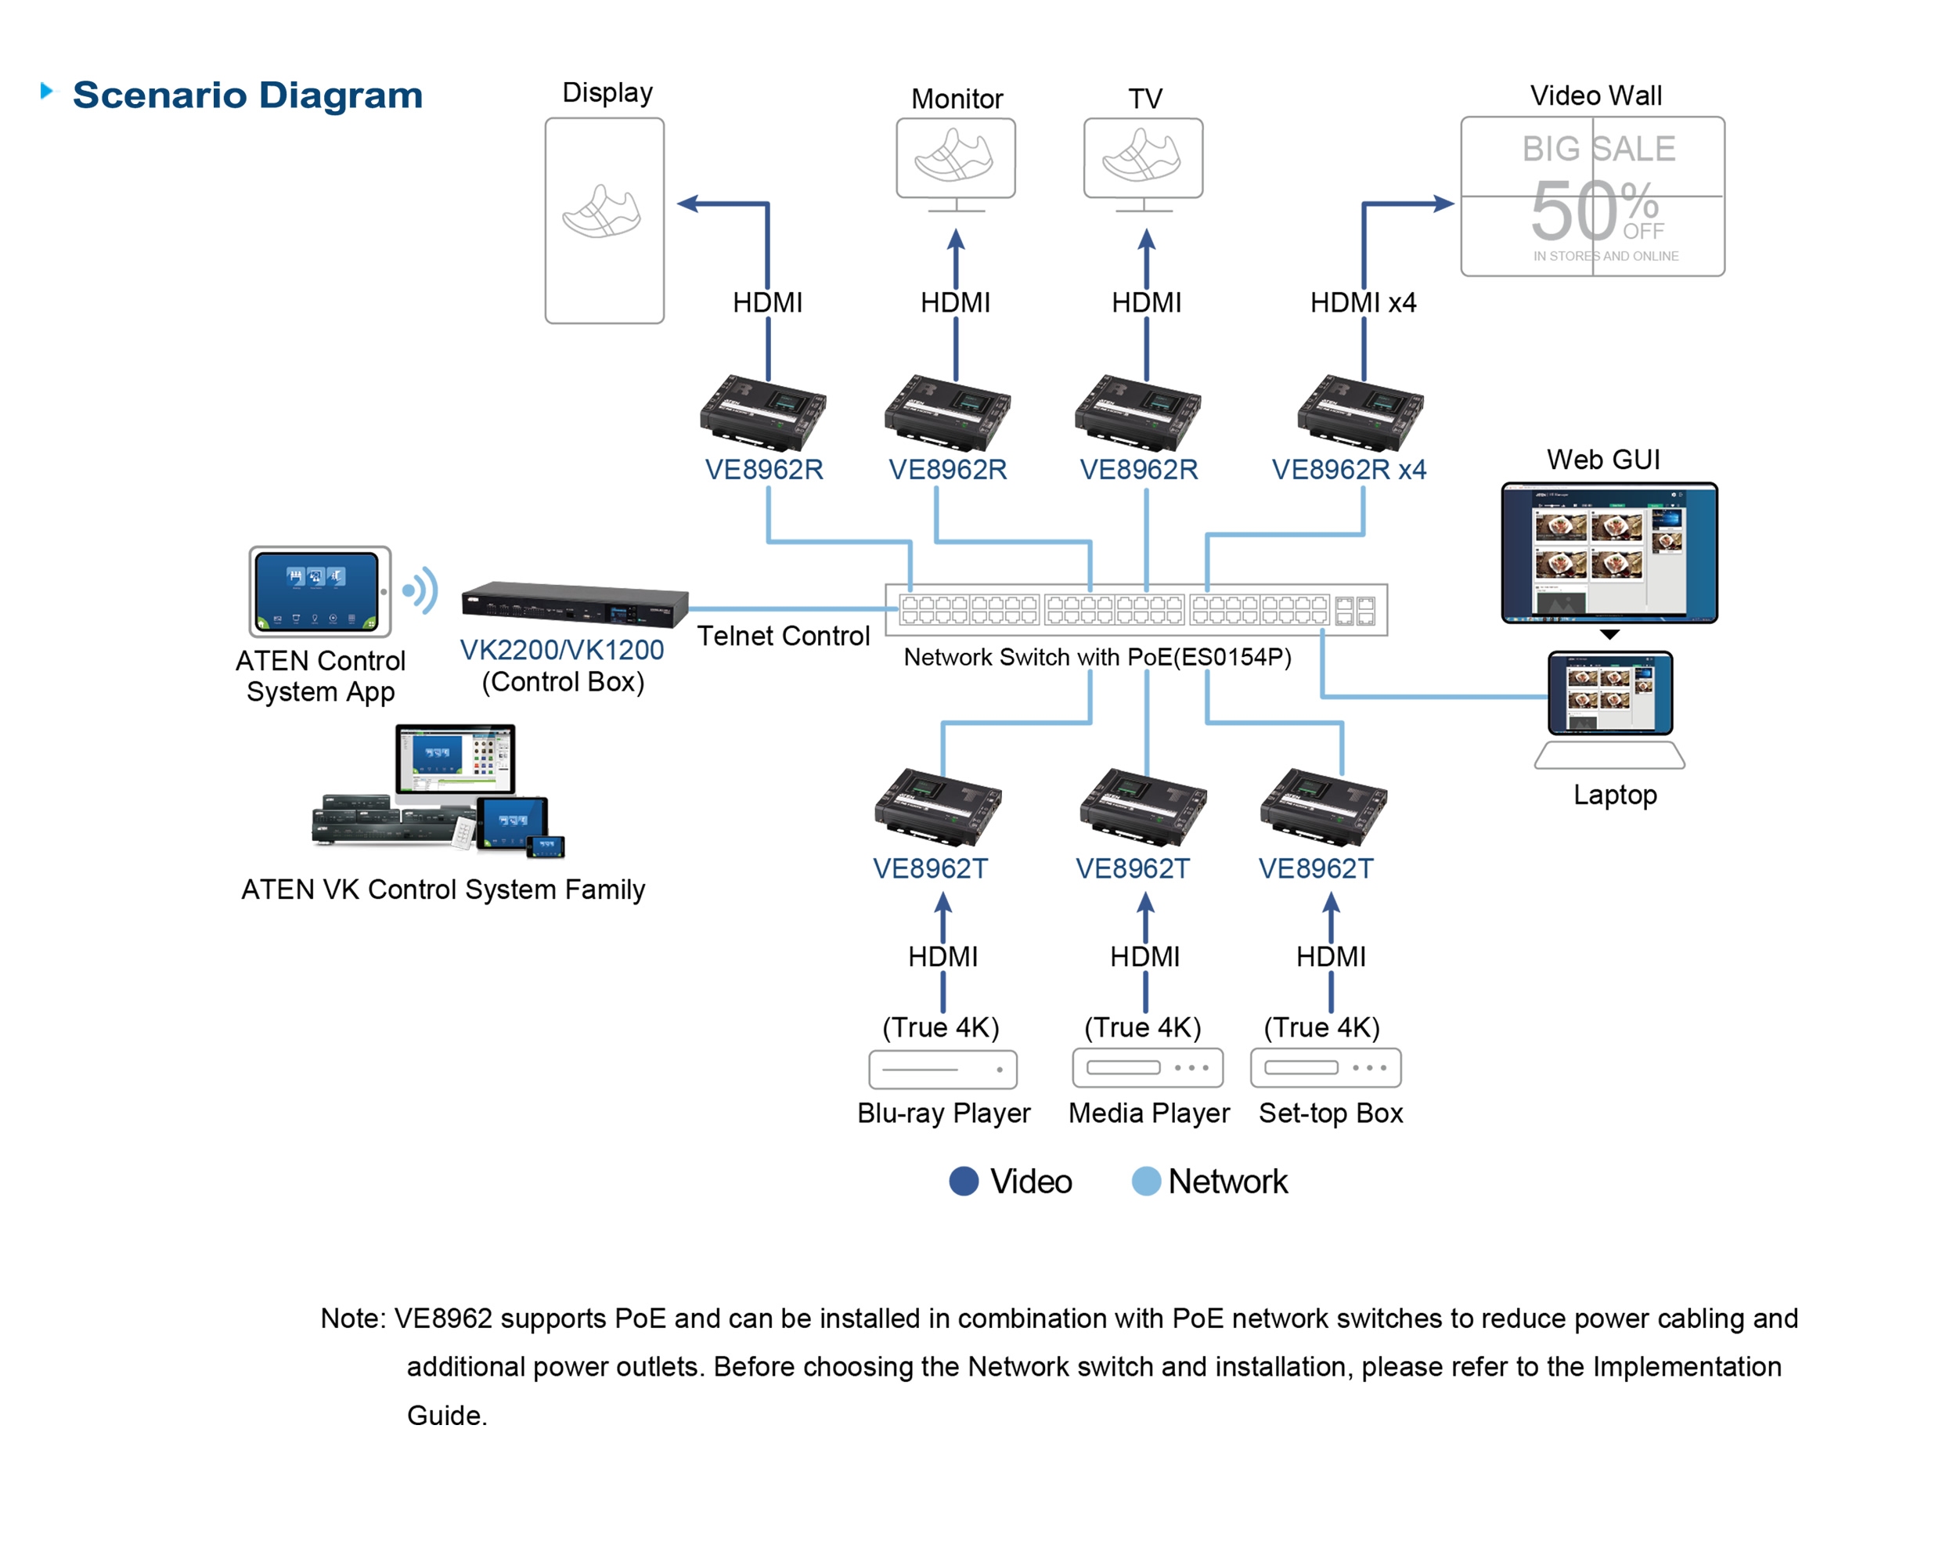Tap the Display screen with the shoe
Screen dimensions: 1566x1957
click(604, 220)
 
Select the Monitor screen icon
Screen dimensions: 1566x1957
click(955, 158)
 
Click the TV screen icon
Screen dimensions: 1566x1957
click(1143, 158)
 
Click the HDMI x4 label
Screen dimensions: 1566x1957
click(1362, 302)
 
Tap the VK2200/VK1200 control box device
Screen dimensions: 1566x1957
click(574, 604)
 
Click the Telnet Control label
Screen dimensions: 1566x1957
click(783, 636)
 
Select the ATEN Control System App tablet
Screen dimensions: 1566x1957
click(319, 592)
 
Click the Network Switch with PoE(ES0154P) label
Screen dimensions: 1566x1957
click(1097, 657)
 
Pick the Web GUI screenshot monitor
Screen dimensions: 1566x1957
click(1609, 553)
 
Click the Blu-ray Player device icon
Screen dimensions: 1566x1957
click(942, 1070)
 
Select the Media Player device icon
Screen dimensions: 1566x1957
click(1148, 1067)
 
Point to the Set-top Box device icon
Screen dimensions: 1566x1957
click(1325, 1067)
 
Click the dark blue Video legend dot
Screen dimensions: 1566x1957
click(963, 1181)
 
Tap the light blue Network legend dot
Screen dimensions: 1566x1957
click(1145, 1181)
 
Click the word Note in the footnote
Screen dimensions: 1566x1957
click(352, 1318)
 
